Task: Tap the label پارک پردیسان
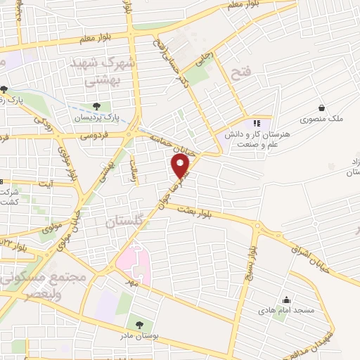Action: (x=94, y=117)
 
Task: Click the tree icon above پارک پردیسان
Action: (x=96, y=106)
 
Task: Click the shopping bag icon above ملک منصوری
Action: (x=321, y=108)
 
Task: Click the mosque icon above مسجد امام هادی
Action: (x=285, y=299)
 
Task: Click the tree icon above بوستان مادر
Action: (x=139, y=325)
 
